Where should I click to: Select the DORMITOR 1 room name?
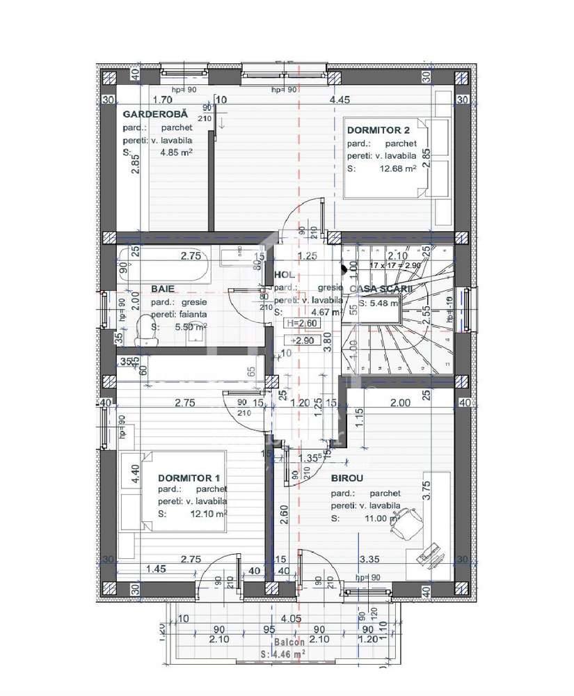tap(189, 478)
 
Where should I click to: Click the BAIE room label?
tap(162, 288)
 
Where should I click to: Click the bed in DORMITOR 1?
tap(184, 491)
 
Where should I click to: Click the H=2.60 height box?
tap(301, 323)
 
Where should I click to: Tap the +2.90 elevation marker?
tap(301, 340)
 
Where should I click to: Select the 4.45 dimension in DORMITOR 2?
tap(340, 100)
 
